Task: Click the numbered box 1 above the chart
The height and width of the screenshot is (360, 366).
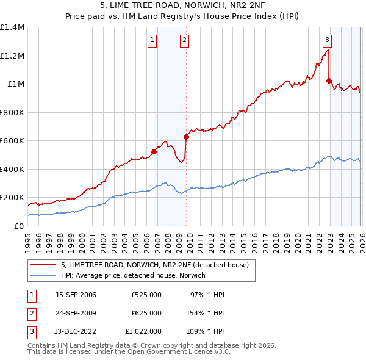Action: (x=152, y=41)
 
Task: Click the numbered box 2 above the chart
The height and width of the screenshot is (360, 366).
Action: (x=184, y=41)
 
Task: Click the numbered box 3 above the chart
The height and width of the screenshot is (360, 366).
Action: (x=328, y=41)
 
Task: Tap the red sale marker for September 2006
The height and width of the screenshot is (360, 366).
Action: (x=154, y=151)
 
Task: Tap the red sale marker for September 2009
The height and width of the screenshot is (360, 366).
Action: (x=186, y=137)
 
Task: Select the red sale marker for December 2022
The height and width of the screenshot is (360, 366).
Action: (x=329, y=81)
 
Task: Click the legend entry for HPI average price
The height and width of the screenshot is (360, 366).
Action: (x=133, y=276)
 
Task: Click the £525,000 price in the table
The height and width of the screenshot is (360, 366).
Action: (x=146, y=295)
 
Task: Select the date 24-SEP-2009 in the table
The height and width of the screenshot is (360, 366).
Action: (x=76, y=313)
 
